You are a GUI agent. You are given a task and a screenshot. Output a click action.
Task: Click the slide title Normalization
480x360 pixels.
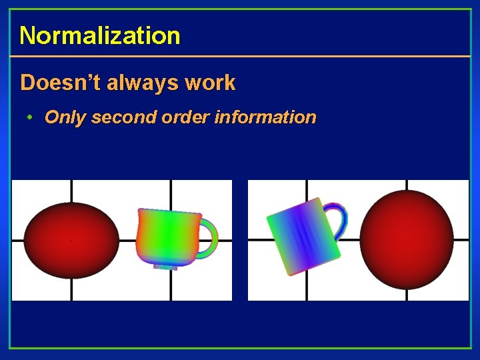coord(99,35)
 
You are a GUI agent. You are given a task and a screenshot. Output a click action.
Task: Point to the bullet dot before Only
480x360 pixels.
coord(30,118)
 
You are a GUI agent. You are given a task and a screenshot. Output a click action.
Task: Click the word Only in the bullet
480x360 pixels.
coord(65,118)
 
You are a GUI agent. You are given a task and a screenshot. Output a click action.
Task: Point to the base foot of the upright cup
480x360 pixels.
coord(165,265)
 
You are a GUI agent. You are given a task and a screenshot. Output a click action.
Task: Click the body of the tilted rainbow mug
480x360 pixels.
coord(303,237)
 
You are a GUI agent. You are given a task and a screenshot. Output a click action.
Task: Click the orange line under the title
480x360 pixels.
coord(240,56)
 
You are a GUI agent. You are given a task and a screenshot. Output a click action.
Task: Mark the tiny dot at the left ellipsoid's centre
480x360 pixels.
coord(71,240)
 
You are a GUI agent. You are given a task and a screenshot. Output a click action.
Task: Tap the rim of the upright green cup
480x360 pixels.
coord(169,213)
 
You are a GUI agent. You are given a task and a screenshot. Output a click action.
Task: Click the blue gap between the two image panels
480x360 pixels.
coord(240,240)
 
